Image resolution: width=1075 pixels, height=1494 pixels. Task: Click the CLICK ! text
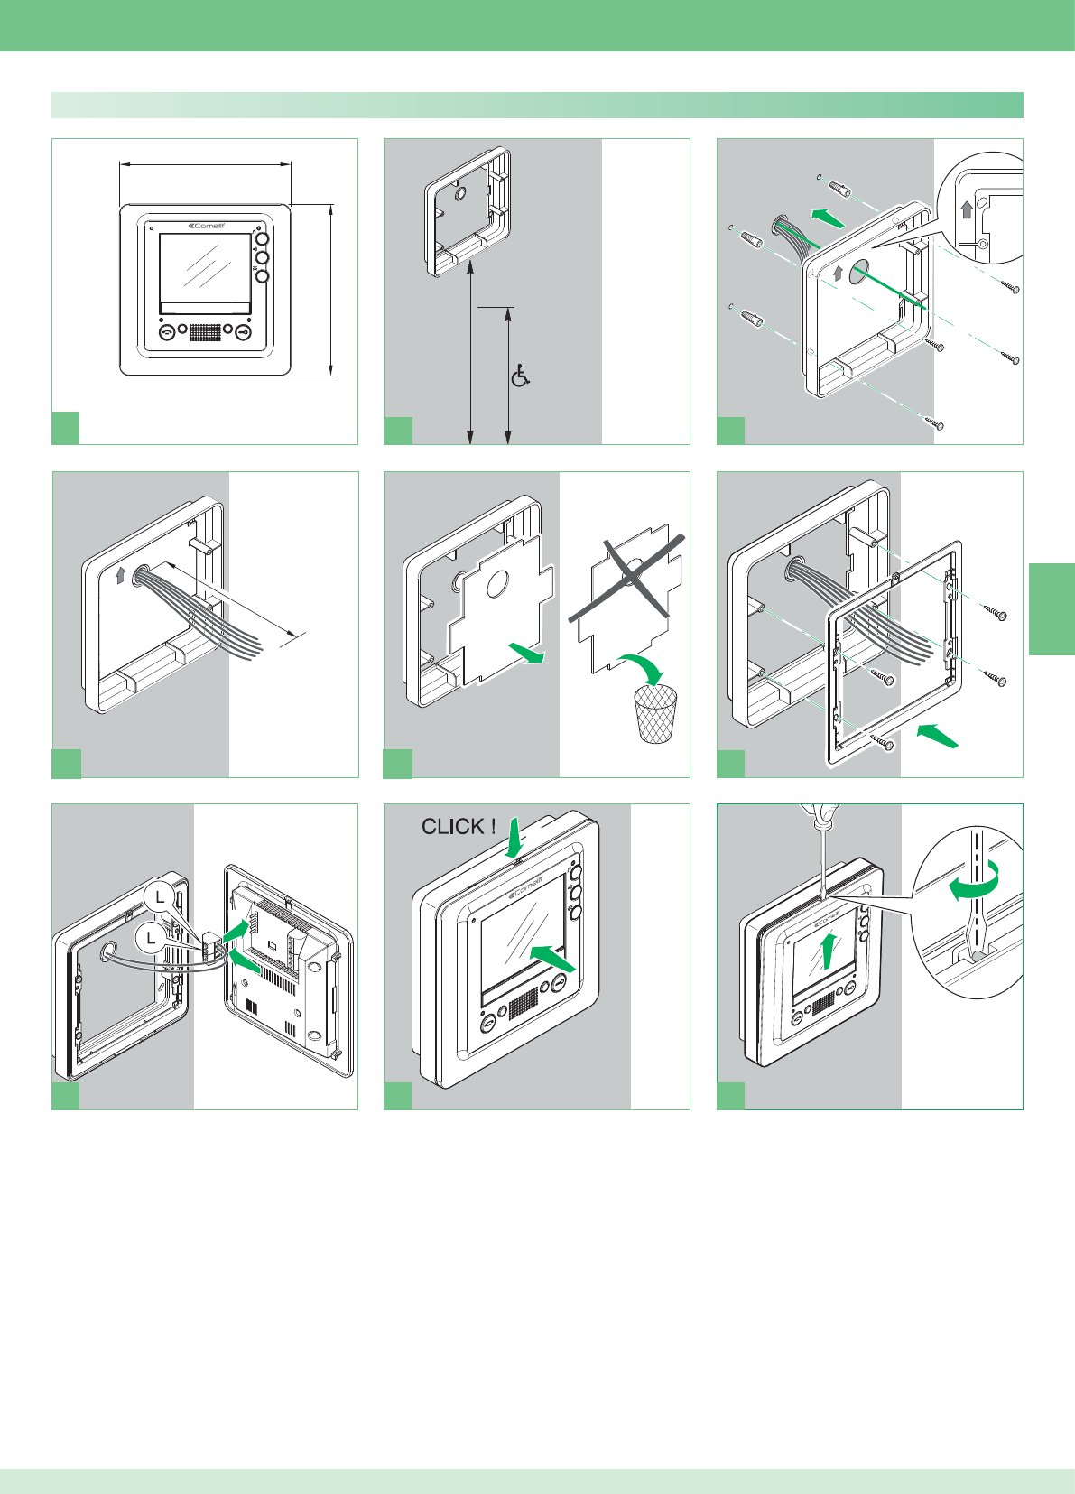click(x=459, y=826)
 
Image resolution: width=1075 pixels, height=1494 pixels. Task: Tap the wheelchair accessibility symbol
click(x=521, y=376)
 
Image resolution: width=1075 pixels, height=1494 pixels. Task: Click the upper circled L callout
click(x=160, y=896)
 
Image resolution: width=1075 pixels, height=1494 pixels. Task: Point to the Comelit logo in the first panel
click(x=206, y=226)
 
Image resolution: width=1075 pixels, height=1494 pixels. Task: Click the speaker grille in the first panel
click(x=205, y=332)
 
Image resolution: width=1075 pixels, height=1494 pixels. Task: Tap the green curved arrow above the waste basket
click(x=643, y=668)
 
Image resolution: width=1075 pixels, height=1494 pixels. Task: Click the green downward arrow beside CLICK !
click(x=514, y=836)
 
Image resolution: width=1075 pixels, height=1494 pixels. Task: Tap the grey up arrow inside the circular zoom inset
click(x=967, y=210)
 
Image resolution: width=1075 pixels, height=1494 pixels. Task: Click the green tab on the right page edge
click(x=1052, y=608)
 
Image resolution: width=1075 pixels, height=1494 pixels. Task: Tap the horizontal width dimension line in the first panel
click(x=205, y=164)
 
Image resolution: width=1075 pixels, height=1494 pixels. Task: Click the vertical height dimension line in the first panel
click(x=331, y=289)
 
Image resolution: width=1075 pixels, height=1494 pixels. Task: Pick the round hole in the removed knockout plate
click(x=496, y=586)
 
